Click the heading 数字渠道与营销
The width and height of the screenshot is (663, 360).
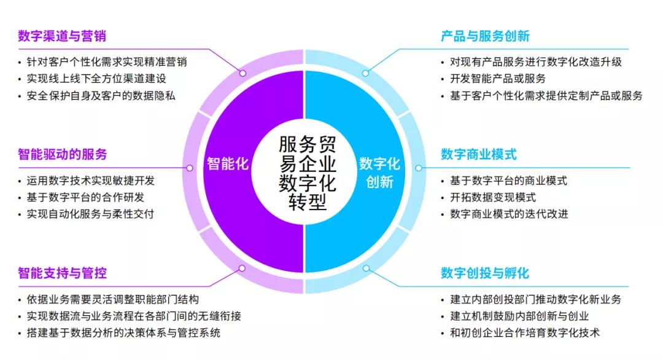pyautogui.click(x=62, y=36)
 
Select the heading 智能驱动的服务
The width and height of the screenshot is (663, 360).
pyautogui.click(x=63, y=154)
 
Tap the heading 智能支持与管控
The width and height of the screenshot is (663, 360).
pyautogui.click(x=62, y=273)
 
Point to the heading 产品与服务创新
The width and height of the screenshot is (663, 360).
pyautogui.click(x=485, y=36)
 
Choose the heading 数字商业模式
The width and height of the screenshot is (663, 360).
pyautogui.click(x=479, y=154)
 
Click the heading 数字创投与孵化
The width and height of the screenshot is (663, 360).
pyautogui.click(x=485, y=273)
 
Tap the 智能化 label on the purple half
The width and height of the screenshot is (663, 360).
pyautogui.click(x=228, y=163)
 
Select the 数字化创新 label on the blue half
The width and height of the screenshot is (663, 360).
pyautogui.click(x=379, y=173)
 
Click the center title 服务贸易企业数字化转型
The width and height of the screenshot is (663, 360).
pyautogui.click(x=308, y=173)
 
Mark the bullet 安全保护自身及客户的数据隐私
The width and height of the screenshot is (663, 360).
pyautogui.click(x=101, y=96)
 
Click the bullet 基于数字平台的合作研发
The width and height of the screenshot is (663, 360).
pyautogui.click(x=85, y=198)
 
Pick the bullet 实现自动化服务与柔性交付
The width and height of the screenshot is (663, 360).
pyautogui.click(x=90, y=214)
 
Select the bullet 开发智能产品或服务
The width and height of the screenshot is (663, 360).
pyautogui.click(x=498, y=79)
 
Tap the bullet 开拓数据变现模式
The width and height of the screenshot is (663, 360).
pyautogui.click(x=492, y=198)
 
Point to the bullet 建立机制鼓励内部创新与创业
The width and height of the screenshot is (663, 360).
pyautogui.click(x=519, y=316)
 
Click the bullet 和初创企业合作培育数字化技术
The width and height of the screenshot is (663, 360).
pyautogui.click(x=525, y=333)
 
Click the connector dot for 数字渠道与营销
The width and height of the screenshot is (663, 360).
pyautogui.click(x=242, y=73)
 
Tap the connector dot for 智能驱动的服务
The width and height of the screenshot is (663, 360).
pyautogui.click(x=190, y=168)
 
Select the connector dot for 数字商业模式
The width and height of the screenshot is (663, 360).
pyautogui.click(x=418, y=168)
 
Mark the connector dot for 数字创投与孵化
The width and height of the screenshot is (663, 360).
pyautogui.click(x=366, y=268)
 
